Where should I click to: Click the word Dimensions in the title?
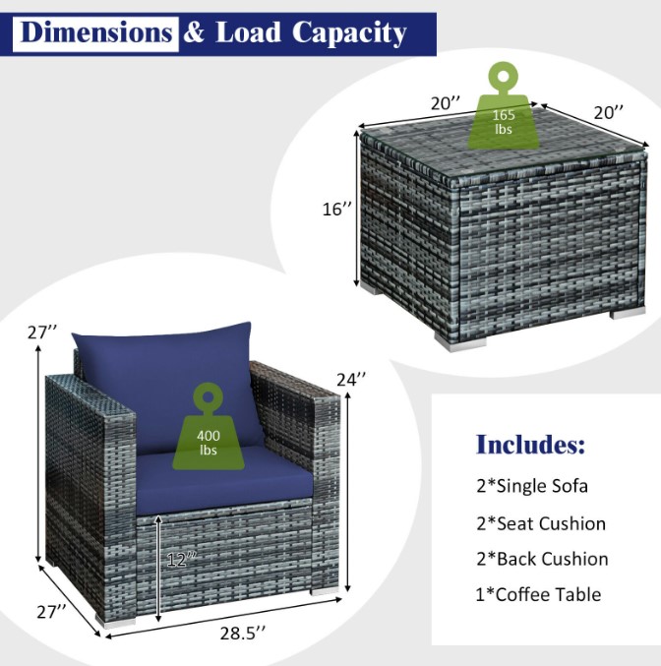click(95, 33)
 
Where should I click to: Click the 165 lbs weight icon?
click(503, 106)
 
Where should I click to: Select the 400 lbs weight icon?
click(209, 426)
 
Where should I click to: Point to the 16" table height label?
click(336, 209)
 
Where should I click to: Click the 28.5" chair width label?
click(243, 634)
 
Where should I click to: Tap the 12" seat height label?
click(182, 560)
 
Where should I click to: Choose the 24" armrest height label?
click(351, 379)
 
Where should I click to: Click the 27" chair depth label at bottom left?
click(51, 612)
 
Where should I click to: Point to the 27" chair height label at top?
click(42, 333)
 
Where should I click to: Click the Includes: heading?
click(530, 445)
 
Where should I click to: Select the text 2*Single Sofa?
click(532, 486)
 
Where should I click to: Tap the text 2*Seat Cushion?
click(541, 523)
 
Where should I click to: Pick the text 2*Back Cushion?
click(542, 559)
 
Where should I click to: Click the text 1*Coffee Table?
click(538, 594)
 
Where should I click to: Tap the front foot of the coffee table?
click(460, 342)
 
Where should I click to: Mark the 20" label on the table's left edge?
click(446, 103)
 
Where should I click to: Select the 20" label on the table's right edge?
click(609, 112)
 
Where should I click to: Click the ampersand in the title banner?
click(194, 33)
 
